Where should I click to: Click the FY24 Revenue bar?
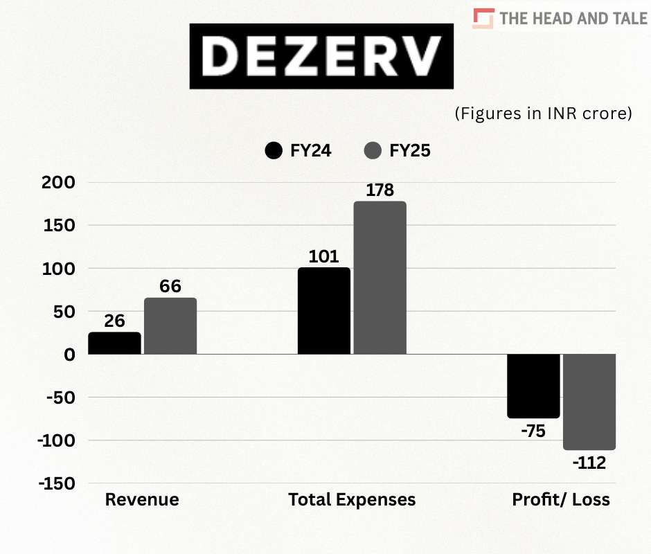(115, 343)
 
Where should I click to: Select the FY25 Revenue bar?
(170, 326)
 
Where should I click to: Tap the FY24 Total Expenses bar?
(324, 311)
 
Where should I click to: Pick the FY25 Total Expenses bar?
(380, 278)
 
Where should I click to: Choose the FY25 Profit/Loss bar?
(589, 402)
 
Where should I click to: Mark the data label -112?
(589, 463)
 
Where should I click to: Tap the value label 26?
(115, 321)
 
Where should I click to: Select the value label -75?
(533, 431)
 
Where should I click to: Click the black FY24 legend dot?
(274, 150)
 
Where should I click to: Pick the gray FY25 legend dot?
(373, 150)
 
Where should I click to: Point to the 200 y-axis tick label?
(59, 183)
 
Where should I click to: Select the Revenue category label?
(142, 499)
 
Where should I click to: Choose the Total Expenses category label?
(352, 499)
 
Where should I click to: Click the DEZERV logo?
(322, 55)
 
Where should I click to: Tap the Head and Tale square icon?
(483, 19)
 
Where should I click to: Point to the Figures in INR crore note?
(543, 114)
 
